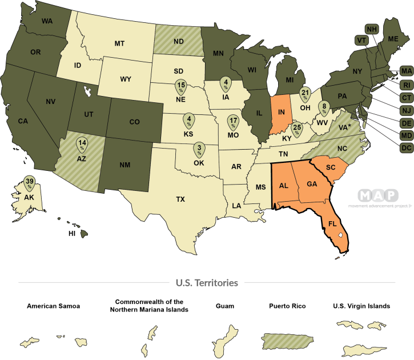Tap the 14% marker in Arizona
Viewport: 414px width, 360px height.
coord(82,144)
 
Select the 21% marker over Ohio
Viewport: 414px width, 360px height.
coord(305,94)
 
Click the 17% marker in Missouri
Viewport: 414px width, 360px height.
coord(233,122)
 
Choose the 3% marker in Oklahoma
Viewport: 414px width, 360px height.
coord(199,149)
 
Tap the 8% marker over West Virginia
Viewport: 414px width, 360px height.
coord(324,107)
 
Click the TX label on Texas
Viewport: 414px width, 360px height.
coord(180,199)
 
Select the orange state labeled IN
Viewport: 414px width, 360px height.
coord(280,114)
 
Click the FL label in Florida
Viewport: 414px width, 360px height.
coord(332,223)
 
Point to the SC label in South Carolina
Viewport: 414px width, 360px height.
coord(329,167)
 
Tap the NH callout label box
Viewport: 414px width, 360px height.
coord(372,29)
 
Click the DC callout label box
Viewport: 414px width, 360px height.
coord(406,148)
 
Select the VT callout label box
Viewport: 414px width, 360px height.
coord(361,40)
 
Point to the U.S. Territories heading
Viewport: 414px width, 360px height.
coord(207,283)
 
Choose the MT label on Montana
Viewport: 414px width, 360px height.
coord(119,43)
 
